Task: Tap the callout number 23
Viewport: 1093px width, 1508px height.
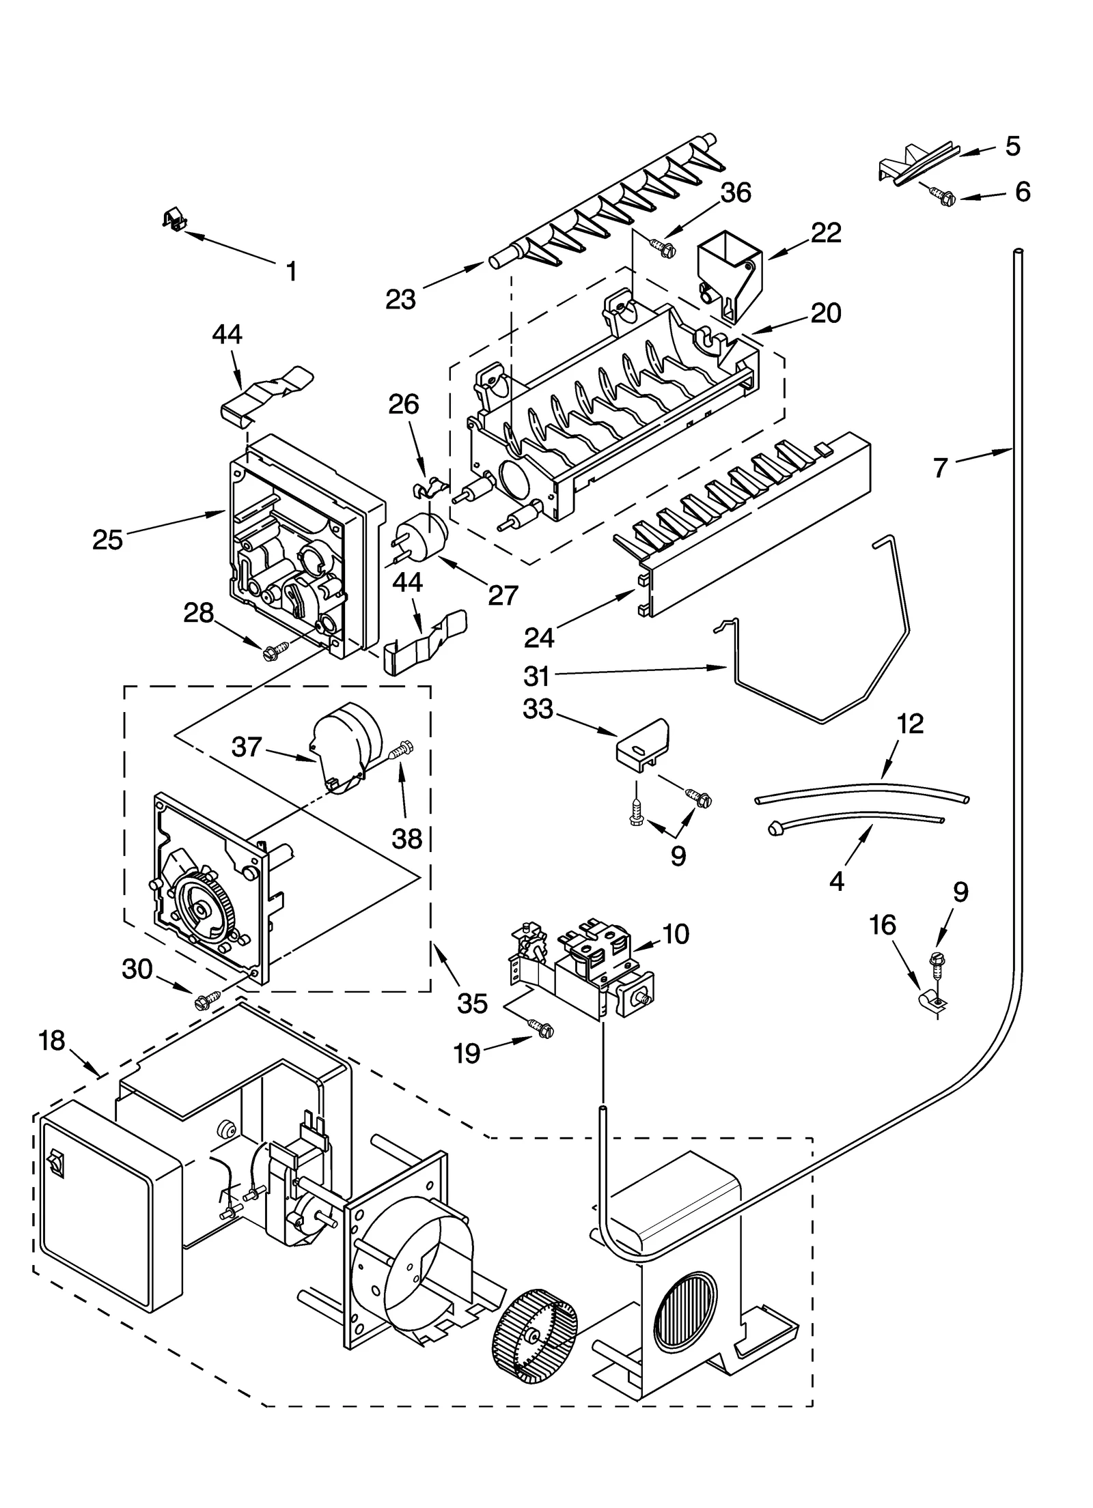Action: [400, 299]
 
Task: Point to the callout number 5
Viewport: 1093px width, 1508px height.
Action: [1012, 146]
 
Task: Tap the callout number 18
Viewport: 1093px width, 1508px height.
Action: [52, 1040]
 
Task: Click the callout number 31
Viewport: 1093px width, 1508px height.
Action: [537, 676]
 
